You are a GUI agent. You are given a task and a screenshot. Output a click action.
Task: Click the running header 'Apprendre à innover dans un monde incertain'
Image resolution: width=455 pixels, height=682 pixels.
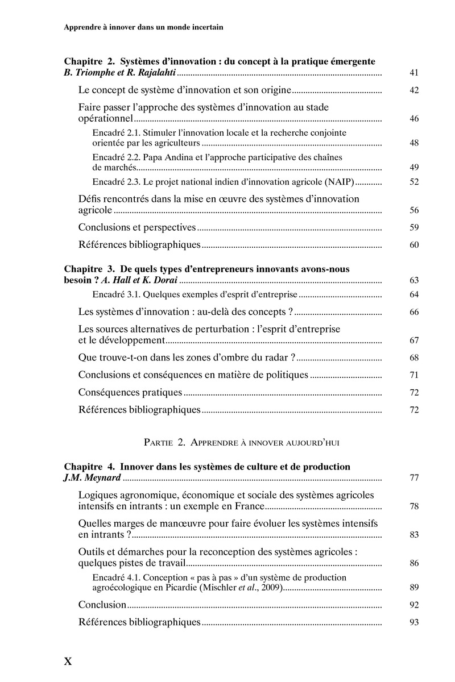click(143, 26)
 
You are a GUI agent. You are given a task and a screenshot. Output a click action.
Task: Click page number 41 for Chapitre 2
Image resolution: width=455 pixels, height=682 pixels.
click(413, 73)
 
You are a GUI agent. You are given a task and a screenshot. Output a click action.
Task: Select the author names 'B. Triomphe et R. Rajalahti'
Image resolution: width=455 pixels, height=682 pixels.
click(120, 73)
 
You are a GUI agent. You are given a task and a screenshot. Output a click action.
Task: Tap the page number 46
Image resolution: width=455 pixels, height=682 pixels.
click(413, 119)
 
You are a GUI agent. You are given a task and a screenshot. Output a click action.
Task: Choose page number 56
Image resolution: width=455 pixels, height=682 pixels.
click(413, 210)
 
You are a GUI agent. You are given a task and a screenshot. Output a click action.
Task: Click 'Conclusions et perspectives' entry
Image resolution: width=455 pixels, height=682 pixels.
click(137, 227)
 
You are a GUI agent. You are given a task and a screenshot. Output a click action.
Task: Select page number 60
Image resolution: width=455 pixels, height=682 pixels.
click(413, 245)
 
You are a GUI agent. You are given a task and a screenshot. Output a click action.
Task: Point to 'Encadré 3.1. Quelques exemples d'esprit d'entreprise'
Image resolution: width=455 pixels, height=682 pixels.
click(195, 294)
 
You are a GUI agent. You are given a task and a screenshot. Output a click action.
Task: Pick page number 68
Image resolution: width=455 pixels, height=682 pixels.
click(413, 357)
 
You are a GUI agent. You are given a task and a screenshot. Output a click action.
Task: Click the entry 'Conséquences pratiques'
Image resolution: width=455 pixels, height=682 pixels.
click(130, 392)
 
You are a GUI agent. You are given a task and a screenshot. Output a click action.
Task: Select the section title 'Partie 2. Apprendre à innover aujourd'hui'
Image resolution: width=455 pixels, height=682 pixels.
click(242, 442)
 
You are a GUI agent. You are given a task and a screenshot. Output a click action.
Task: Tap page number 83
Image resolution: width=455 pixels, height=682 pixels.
click(413, 535)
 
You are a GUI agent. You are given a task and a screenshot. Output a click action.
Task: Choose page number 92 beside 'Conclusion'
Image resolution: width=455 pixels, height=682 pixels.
click(413, 605)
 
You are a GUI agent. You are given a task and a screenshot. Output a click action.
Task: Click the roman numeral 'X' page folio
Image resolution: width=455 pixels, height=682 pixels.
click(68, 661)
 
